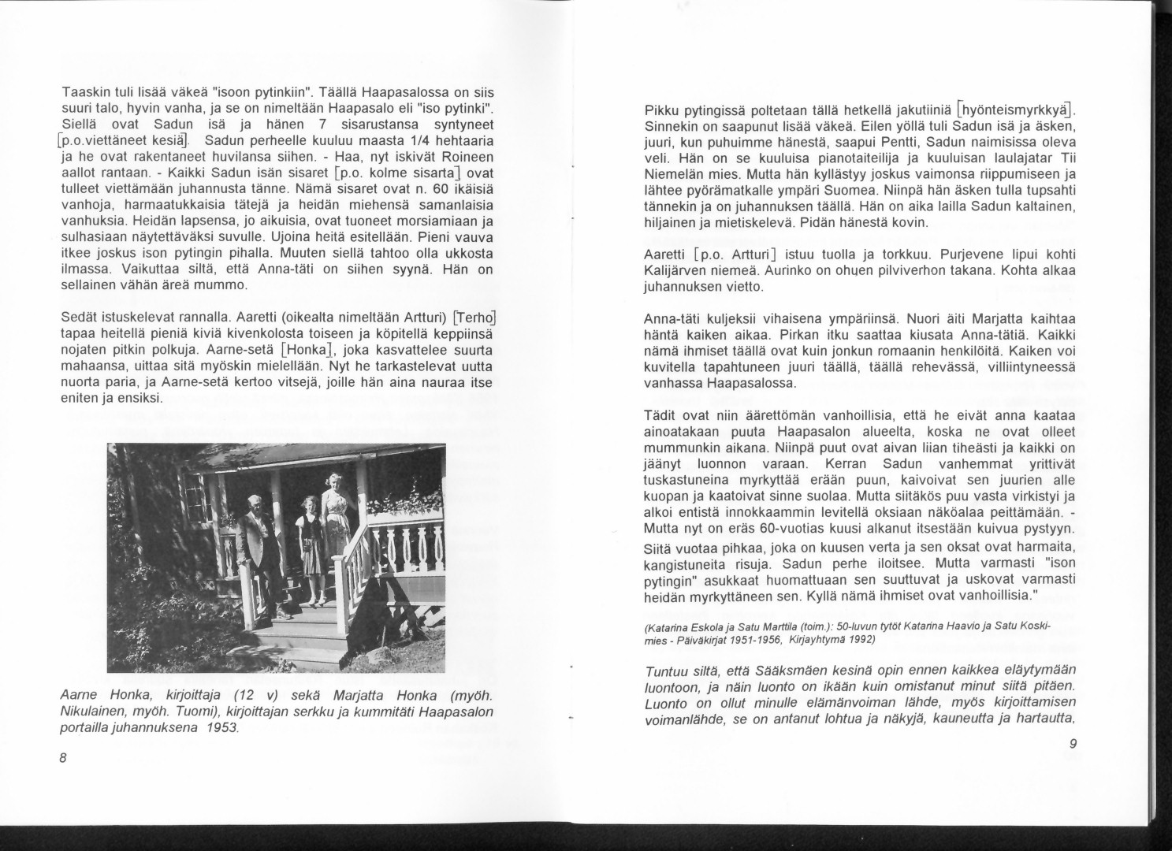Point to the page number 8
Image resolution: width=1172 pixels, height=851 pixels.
coord(64,758)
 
